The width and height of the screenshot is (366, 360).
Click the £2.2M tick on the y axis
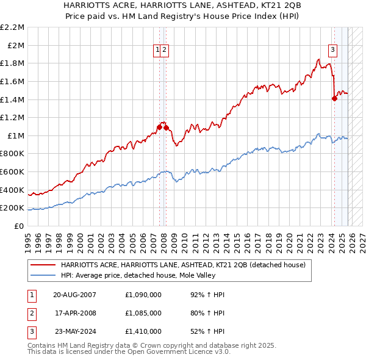coord(12,27)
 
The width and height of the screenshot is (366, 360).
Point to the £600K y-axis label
coord(12,172)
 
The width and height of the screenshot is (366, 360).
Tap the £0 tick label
coord(18,226)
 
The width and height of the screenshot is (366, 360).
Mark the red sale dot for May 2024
coord(334,99)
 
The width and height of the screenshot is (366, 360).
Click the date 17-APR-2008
coord(74,313)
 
